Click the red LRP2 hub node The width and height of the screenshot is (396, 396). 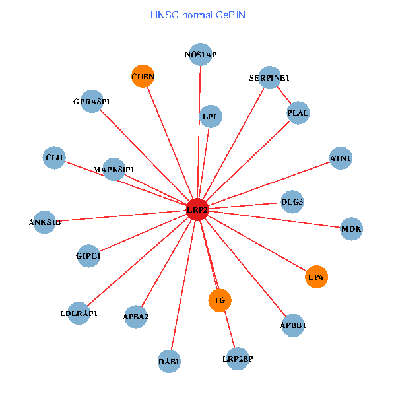point(198,210)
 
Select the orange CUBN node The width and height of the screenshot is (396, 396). point(143,77)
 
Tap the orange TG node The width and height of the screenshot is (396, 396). point(220,300)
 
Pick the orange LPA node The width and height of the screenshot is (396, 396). point(316,277)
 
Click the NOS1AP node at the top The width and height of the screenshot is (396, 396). point(201,55)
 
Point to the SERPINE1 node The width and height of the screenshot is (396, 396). point(269,78)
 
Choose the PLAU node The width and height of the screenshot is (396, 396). point(298,113)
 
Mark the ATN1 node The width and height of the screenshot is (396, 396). point(341,158)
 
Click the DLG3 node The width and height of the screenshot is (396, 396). point(292,201)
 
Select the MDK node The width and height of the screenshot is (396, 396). point(351,229)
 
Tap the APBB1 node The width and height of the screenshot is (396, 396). point(293,325)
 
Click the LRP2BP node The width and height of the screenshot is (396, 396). point(238,358)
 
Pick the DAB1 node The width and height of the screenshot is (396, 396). point(170,361)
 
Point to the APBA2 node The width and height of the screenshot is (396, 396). point(136,317)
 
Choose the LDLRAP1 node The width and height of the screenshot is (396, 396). point(79,313)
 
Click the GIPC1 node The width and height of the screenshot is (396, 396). point(88,255)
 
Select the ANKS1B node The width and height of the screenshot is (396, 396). point(45,222)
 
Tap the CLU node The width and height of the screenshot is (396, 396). point(54,158)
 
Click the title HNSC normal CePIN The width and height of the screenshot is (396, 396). point(198,15)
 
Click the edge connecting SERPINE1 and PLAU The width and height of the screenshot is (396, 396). point(284,96)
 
